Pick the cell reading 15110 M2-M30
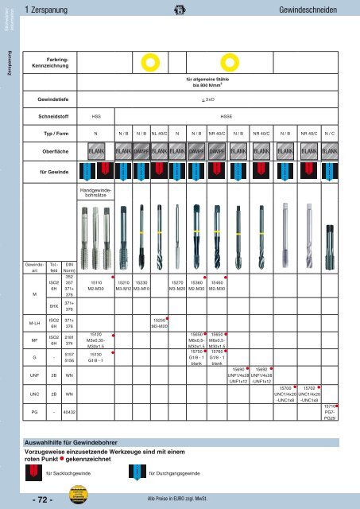pos(95,286)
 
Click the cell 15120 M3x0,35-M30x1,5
pos(95,341)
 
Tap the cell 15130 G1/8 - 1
pos(95,359)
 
